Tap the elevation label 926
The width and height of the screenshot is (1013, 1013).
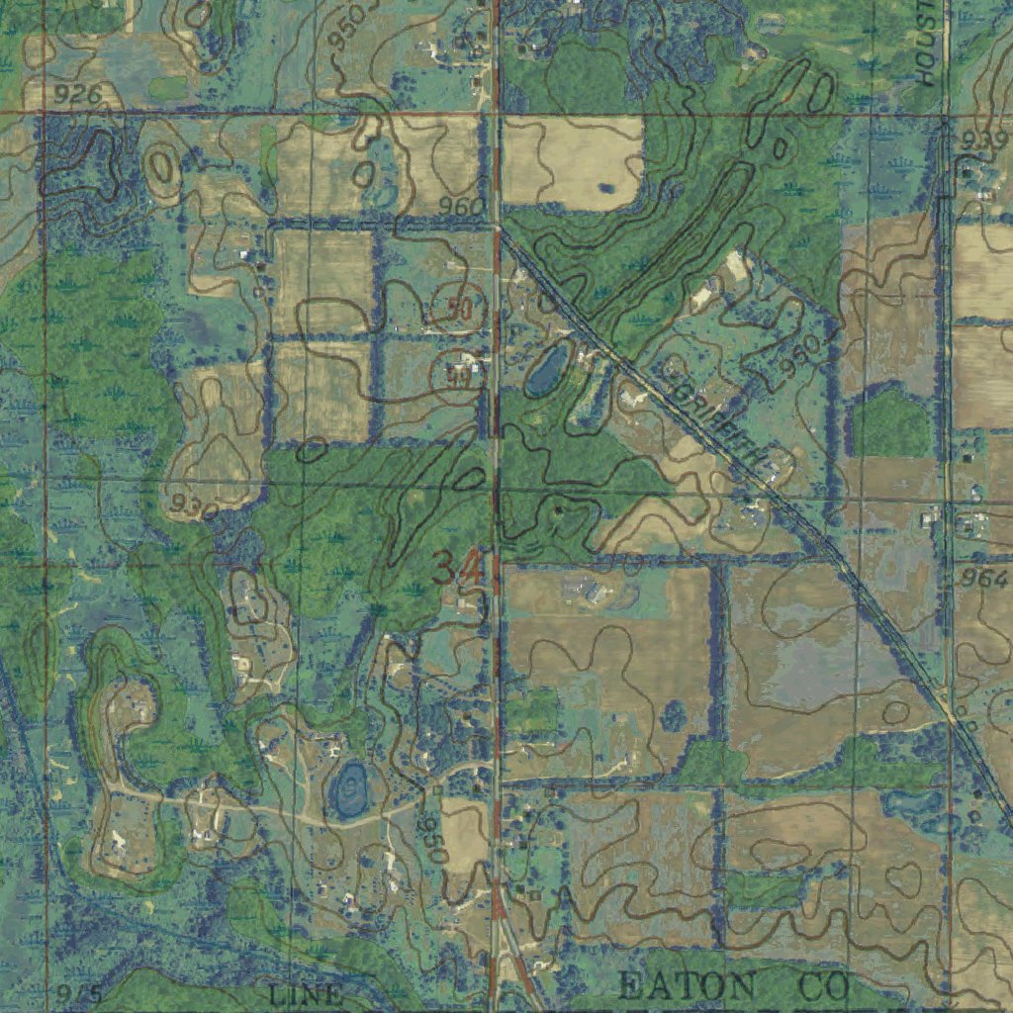[x=77, y=95]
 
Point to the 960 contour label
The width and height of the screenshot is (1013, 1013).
[x=462, y=207]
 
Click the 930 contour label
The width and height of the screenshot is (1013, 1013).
[x=193, y=507]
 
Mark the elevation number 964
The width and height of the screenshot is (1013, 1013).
[x=985, y=578]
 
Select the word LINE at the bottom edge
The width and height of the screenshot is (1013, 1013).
[x=306, y=994]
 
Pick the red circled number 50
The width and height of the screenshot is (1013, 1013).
[x=458, y=309]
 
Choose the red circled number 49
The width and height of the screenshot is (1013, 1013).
[x=456, y=374]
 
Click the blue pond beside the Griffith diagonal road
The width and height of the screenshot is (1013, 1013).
[x=547, y=368]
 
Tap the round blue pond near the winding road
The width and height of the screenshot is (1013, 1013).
[x=348, y=788]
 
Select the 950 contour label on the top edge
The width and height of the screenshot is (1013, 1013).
[x=351, y=26]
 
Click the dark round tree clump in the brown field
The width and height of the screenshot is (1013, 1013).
[x=674, y=714]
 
